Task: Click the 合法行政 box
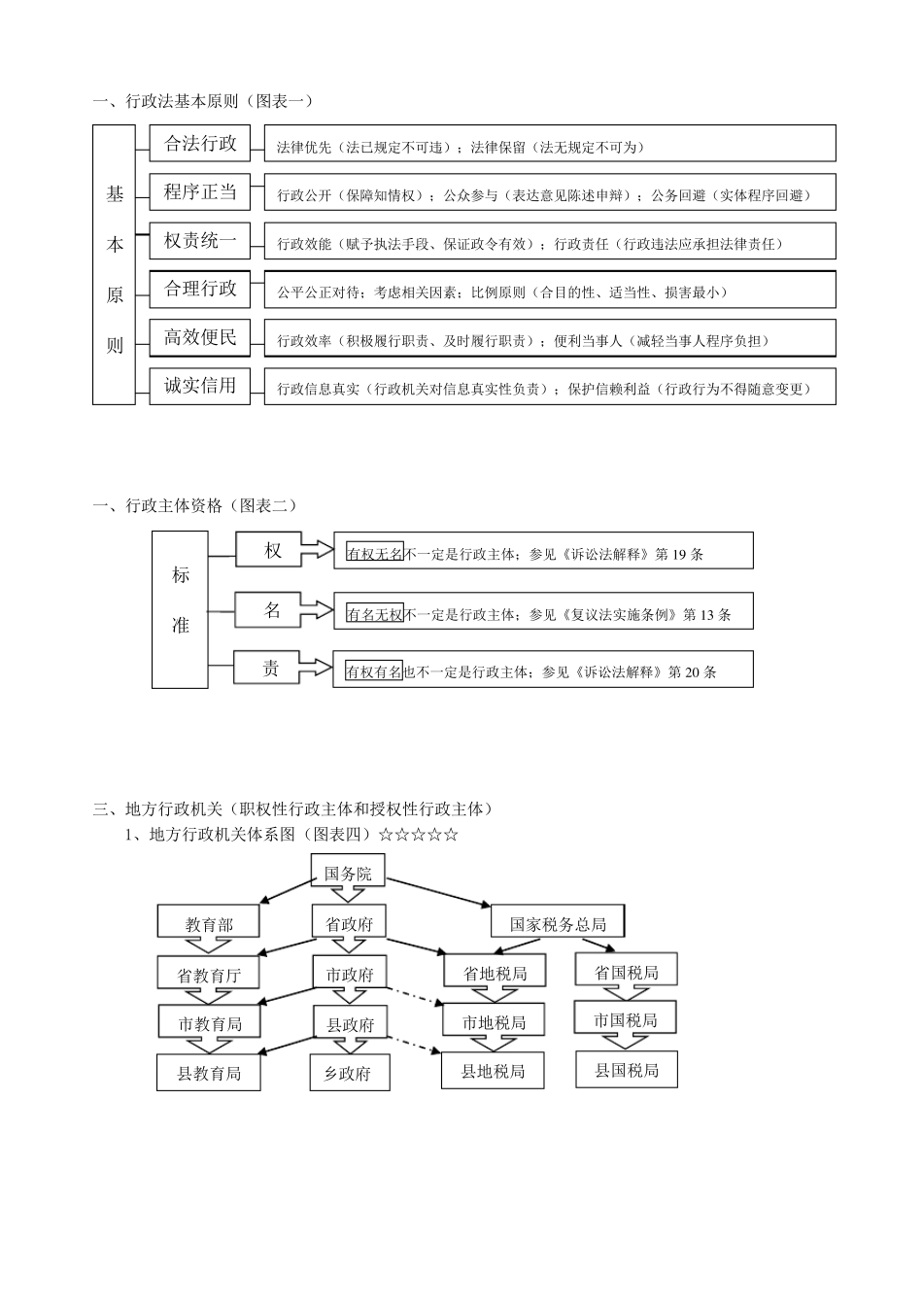pos(200,144)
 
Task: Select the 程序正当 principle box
pos(200,192)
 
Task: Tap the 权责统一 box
pos(200,240)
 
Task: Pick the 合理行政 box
pos(200,289)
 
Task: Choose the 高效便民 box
pos(200,337)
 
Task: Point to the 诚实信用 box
pos(200,386)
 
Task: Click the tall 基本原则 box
pos(115,264)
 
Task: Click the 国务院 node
pos(348,874)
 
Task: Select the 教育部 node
pos(209,924)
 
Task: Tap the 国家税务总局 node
pos(558,923)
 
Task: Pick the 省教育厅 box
pos(209,975)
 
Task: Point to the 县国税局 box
pos(627,1070)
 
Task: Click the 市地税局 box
pos(494,1022)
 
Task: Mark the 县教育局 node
pos(209,1073)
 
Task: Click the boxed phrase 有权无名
pos(374,554)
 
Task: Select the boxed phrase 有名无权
pos(374,613)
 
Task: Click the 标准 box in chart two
pos(181,610)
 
